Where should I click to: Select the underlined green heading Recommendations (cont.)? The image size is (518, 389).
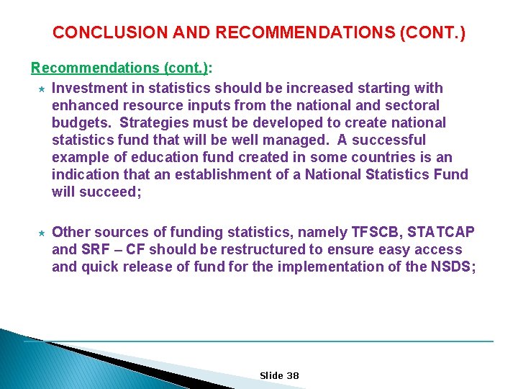119,68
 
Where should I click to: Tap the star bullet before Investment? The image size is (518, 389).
42,88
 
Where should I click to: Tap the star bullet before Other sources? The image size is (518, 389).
42,232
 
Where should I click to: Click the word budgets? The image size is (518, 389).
80,122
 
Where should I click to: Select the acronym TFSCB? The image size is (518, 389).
378,232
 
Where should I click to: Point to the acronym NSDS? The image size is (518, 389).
451,267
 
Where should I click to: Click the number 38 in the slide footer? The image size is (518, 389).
293,376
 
